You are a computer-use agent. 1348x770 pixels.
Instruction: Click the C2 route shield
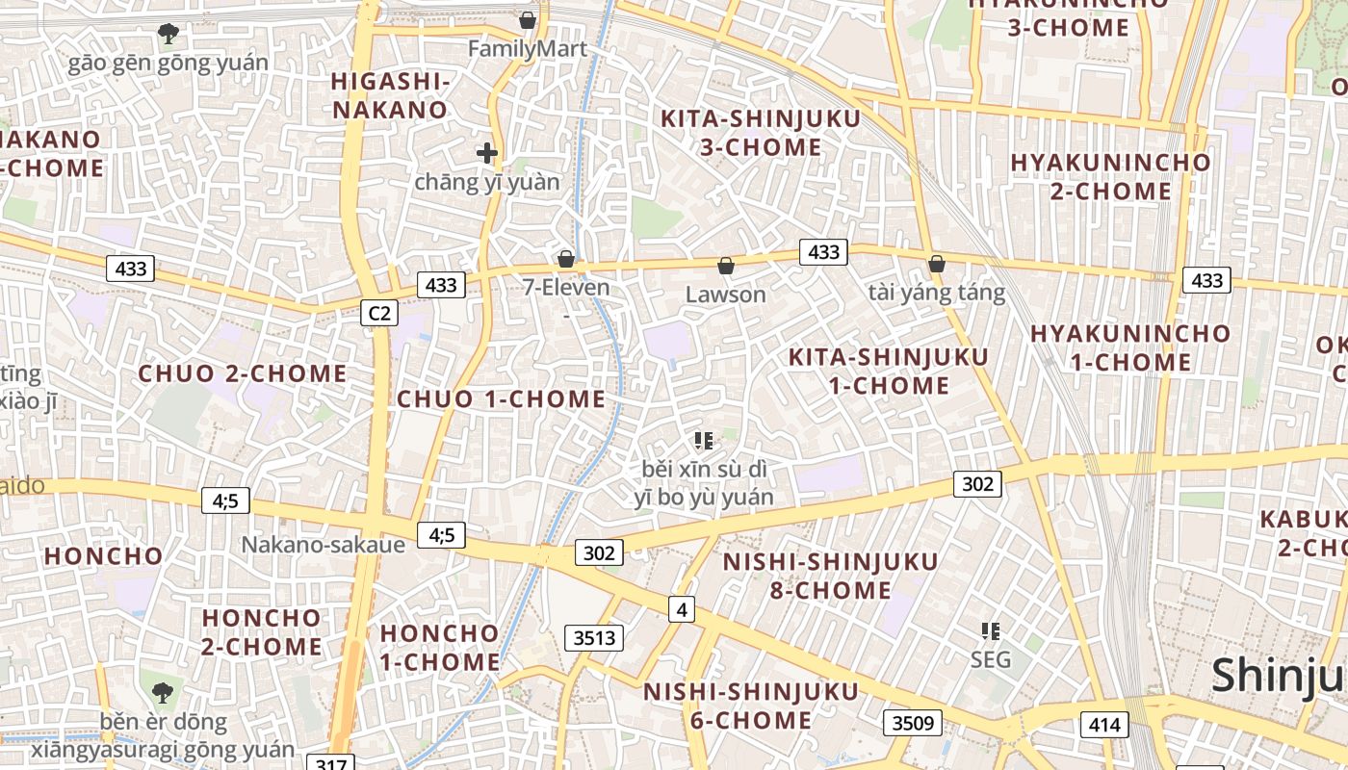379,313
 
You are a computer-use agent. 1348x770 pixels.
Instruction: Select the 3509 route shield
912,722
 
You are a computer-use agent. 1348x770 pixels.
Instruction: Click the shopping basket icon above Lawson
726,266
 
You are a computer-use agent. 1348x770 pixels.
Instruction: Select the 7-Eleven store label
566,287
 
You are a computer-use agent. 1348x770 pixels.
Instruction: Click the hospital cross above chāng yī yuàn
487,152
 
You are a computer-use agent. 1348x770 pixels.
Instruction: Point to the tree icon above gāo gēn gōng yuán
168,34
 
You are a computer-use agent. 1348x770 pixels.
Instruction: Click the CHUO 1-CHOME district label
502,398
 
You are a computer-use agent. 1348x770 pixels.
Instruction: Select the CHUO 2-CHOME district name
242,373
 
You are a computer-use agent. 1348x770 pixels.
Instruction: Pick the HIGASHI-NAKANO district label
391,95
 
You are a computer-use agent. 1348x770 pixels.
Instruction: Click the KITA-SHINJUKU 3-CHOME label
761,133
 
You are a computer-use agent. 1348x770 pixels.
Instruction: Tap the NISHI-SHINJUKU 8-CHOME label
831,576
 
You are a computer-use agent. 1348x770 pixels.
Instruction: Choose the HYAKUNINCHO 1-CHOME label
1130,347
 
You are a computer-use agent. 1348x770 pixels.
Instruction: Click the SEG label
991,659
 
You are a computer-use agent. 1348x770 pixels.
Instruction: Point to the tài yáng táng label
936,293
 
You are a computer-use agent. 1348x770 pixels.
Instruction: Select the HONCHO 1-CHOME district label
440,647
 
